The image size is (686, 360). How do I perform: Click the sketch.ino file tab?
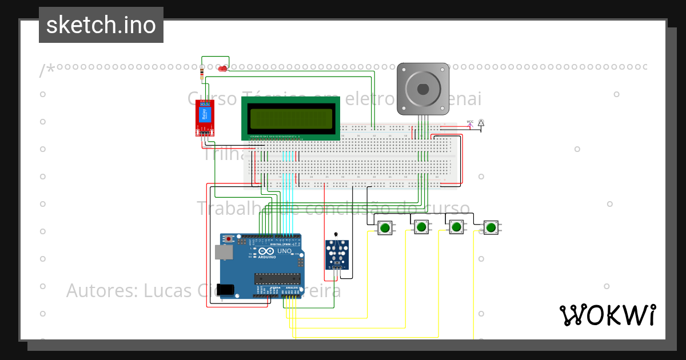101,25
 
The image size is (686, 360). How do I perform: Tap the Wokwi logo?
607,315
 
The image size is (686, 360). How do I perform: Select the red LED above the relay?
222,69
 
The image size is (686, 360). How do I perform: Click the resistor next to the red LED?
202,73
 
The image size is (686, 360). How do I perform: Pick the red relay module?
205,118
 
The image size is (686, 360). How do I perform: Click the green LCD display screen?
291,118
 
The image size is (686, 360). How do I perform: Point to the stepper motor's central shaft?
422,89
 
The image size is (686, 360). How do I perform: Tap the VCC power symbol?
470,123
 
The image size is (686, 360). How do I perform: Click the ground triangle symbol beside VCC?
481,123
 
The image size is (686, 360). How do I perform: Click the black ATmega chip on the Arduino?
277,278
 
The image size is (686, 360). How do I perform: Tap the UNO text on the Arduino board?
284,251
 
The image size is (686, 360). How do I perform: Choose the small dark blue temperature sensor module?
337,254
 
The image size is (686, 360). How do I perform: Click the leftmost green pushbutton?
385,227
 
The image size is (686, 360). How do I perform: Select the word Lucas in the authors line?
167,290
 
